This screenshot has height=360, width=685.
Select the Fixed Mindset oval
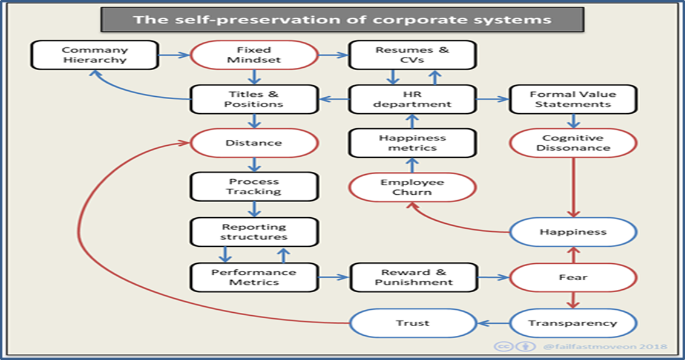(x=254, y=55)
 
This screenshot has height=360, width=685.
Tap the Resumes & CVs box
(x=413, y=55)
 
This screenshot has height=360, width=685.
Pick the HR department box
(x=413, y=99)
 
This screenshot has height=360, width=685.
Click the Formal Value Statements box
(x=572, y=99)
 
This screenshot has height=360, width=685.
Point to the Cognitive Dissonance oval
(x=572, y=143)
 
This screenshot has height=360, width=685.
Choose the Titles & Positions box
(x=254, y=99)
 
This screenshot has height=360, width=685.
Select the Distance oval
(x=254, y=143)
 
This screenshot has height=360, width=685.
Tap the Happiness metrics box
(x=413, y=143)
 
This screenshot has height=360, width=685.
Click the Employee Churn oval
(x=413, y=188)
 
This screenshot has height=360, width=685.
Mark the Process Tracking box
(x=254, y=187)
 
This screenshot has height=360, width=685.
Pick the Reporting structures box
(x=254, y=232)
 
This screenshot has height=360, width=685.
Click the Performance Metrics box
(x=254, y=277)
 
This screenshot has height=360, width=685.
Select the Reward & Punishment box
(x=413, y=277)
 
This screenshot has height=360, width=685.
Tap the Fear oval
(x=572, y=277)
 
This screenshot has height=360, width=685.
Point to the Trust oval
(x=413, y=323)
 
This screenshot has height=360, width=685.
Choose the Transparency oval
(x=572, y=323)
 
